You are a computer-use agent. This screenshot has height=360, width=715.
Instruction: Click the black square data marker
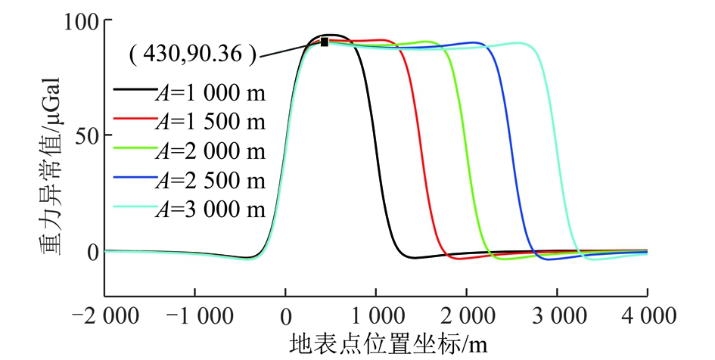[325, 42]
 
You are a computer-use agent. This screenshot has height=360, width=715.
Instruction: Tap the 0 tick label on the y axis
[92, 252]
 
